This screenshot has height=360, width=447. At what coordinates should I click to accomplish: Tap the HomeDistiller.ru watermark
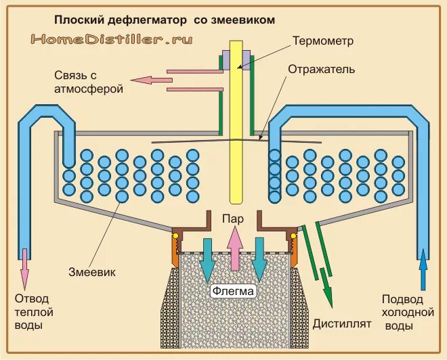pos(112,39)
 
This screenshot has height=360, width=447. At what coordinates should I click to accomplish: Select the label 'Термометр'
pos(322,41)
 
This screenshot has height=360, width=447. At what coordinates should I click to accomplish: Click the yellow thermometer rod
pos(236,135)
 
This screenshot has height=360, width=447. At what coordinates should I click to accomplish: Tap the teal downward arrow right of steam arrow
pos(259,261)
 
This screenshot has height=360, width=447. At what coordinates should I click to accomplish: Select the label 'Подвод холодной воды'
pos(406,312)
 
